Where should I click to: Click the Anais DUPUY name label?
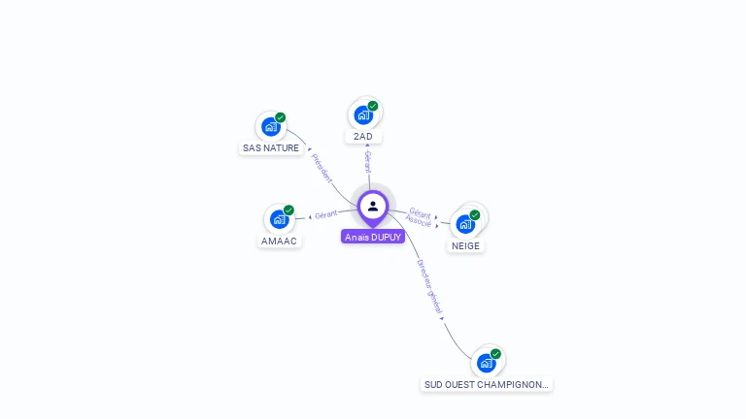373,237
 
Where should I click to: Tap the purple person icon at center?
373,206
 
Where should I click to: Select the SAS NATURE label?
271,148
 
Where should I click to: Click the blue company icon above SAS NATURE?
271,126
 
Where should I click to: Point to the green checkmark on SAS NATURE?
281,117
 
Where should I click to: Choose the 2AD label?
363,137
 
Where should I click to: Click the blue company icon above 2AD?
363,114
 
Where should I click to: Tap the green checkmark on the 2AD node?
373,106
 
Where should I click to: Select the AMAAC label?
280,241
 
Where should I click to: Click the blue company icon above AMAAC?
280,218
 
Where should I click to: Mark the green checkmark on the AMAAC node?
288,209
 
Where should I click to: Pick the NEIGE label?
466,245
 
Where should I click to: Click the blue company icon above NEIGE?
465,224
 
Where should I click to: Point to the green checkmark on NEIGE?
475,214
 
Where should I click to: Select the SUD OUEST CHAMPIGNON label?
487,384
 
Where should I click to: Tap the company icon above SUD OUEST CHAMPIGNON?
487,363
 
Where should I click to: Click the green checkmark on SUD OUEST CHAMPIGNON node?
496,354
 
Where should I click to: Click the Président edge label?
322,168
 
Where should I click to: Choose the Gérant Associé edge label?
420,217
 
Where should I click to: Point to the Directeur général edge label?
429,287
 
